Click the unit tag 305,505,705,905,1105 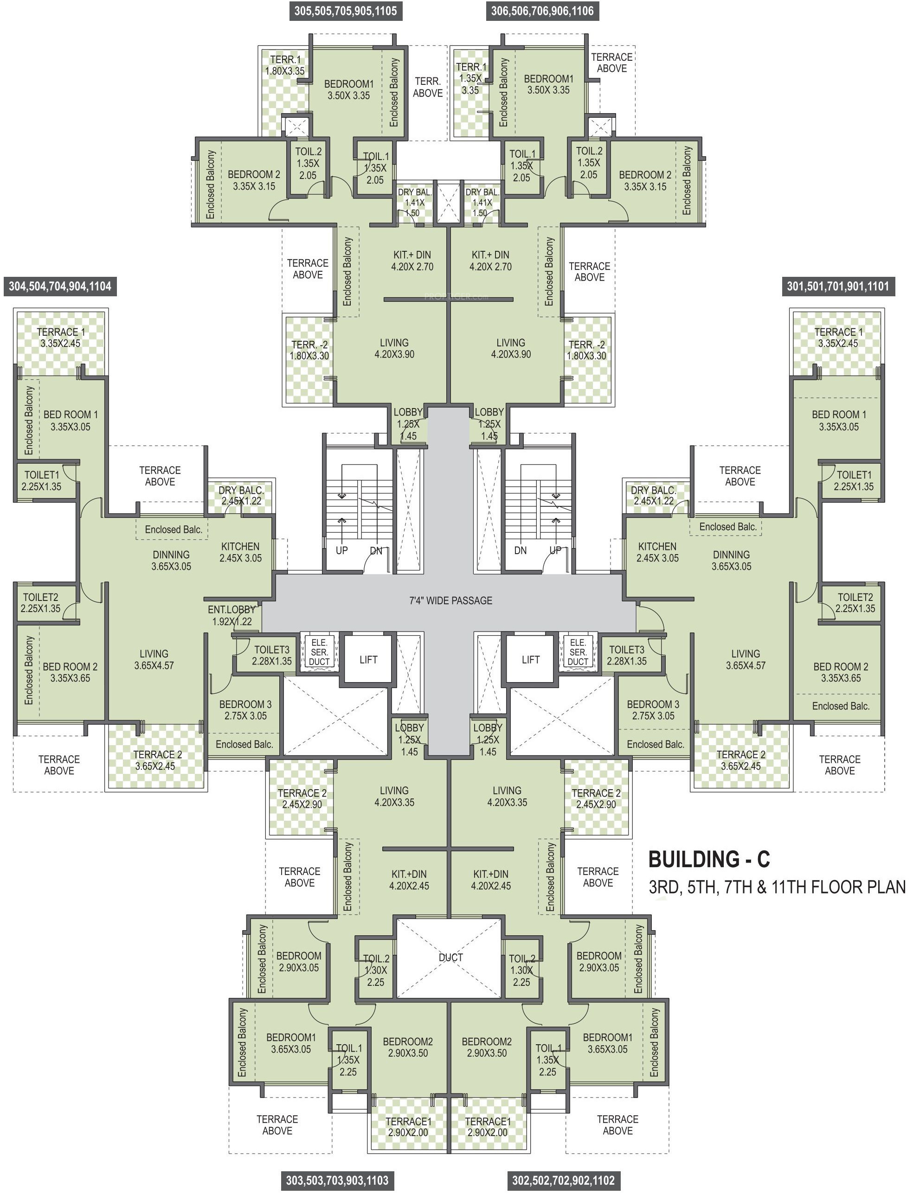[346, 11]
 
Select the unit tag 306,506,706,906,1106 [542, 11]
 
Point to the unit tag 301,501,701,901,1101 [838, 286]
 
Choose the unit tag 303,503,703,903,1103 [337, 1180]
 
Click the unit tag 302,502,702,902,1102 [564, 1180]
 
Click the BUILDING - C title [709, 859]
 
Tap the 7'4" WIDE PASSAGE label [450, 600]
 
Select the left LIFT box [368, 659]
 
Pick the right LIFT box [530, 659]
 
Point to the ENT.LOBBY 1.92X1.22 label [231, 615]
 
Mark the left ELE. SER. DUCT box [319, 651]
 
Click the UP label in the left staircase [341, 550]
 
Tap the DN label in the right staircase [520, 550]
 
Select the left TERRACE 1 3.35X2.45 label [60, 338]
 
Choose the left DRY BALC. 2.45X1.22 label [241, 495]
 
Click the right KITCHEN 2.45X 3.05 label [657, 552]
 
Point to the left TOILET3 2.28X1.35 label [272, 655]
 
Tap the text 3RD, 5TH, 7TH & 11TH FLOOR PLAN [777, 888]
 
